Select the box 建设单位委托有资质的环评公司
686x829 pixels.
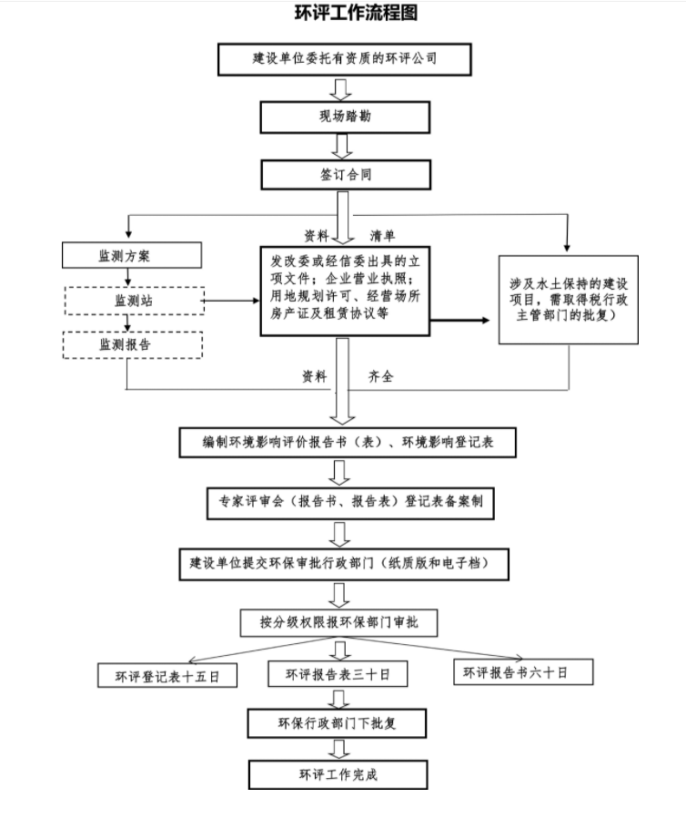[345, 58]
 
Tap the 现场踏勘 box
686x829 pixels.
[345, 117]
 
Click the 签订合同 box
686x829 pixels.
[345, 174]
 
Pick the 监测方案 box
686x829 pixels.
[131, 256]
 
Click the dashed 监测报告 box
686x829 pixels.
[132, 345]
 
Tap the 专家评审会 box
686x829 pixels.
[350, 501]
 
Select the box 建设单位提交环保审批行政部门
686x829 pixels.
[343, 563]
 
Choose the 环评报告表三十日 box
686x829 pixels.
[338, 674]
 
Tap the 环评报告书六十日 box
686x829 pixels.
[522, 672]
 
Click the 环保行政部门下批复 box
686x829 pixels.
[338, 724]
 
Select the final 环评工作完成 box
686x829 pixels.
[338, 774]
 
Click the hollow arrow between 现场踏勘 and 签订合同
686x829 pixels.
[343, 146]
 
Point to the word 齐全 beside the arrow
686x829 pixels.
[381, 376]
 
